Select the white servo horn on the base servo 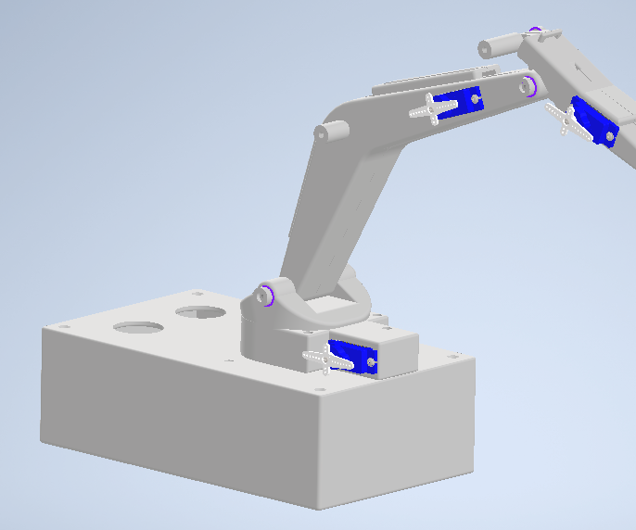click(x=325, y=357)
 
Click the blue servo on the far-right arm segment click(x=593, y=122)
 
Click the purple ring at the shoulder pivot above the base click(x=268, y=296)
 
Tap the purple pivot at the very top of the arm click(x=535, y=31)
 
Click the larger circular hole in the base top click(x=139, y=328)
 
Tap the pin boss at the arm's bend click(x=325, y=132)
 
